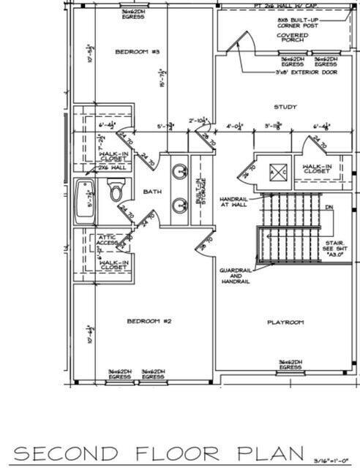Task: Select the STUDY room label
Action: (285, 107)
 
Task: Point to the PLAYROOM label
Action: (285, 322)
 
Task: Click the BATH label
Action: (152, 192)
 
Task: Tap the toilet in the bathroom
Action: (116, 192)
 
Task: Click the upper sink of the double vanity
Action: (179, 173)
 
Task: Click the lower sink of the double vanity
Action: (179, 205)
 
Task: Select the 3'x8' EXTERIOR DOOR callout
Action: (307, 72)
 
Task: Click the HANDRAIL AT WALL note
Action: (233, 203)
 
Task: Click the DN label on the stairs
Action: (329, 208)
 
